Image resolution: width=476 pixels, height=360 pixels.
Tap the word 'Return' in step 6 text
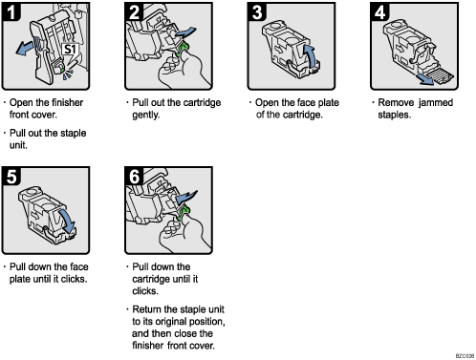pyautogui.click(x=151, y=309)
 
